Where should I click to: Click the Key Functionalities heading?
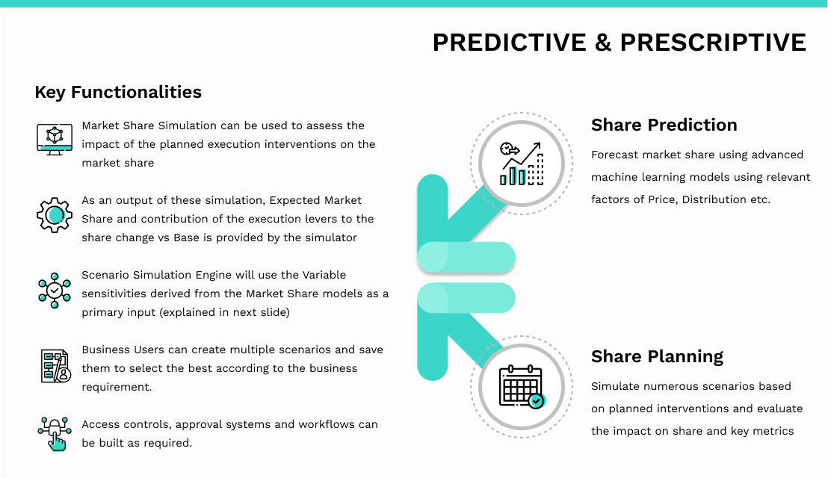click(x=118, y=93)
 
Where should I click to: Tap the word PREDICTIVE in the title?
click(x=510, y=43)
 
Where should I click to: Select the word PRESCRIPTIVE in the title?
click(x=713, y=43)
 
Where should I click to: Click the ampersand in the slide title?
click(x=603, y=43)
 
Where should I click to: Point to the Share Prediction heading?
click(x=664, y=125)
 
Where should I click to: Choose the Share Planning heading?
click(x=657, y=357)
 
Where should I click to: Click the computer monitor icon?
click(x=55, y=139)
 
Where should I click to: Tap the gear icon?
click(x=55, y=215)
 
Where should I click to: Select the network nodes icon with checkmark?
click(x=55, y=291)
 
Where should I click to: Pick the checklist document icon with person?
click(x=55, y=366)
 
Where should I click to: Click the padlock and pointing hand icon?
click(x=55, y=434)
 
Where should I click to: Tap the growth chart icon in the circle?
click(x=522, y=164)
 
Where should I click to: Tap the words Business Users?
click(x=123, y=350)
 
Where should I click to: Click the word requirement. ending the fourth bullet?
click(x=117, y=387)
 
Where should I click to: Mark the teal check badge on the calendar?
click(x=537, y=401)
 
